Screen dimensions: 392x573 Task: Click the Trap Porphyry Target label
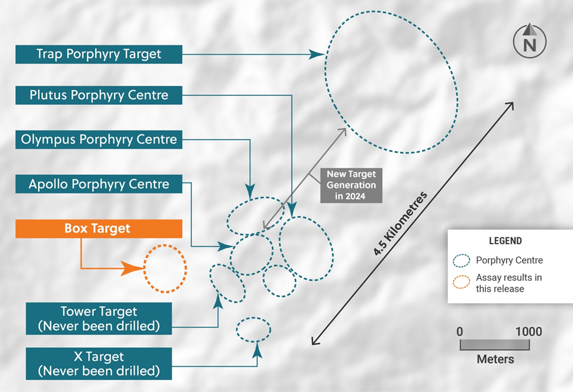[x=99, y=54]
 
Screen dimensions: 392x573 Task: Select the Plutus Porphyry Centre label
[x=99, y=95]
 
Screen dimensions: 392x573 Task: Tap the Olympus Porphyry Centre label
[x=99, y=139]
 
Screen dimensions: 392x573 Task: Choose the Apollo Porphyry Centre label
[x=99, y=184]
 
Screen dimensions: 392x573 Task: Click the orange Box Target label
[x=98, y=228]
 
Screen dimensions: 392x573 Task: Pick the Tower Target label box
[x=99, y=318]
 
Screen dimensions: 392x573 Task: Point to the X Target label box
[x=99, y=363]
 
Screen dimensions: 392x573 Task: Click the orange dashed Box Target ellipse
[x=165, y=268]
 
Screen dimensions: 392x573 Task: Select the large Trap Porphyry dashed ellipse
[x=391, y=85]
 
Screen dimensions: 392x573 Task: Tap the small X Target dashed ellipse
[x=253, y=329]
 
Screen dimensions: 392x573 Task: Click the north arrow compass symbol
[x=530, y=41]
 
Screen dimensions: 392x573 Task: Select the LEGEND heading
[x=505, y=241]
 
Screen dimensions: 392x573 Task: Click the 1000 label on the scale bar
[x=528, y=332]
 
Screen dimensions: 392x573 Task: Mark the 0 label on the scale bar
[x=460, y=332]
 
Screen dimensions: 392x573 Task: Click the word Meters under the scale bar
[x=495, y=359]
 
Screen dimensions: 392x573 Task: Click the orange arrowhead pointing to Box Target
[x=134, y=269]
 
